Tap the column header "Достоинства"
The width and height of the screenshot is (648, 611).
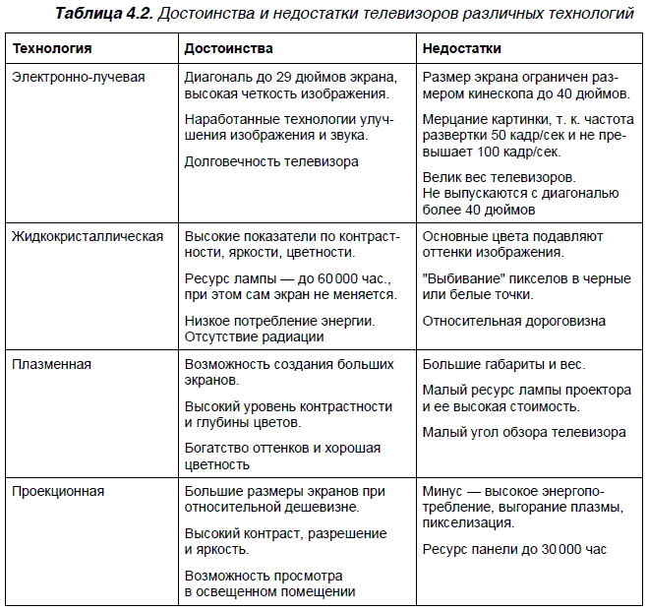pos(229,48)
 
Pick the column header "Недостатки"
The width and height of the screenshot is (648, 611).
pos(462,48)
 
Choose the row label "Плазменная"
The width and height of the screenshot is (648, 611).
pos(51,364)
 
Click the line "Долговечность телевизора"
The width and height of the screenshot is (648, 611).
pos(271,161)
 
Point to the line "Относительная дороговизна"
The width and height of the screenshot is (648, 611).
pos(514,321)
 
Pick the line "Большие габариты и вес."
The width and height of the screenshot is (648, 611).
pos(499,364)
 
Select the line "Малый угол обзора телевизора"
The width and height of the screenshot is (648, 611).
pos(524,432)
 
